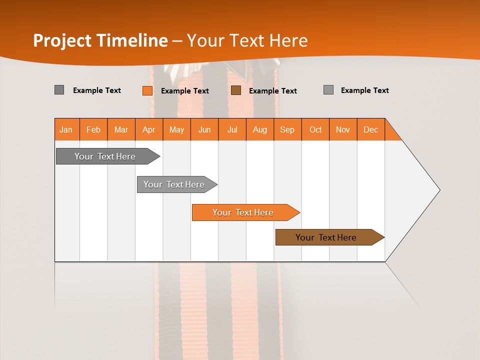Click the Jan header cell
click(x=66, y=129)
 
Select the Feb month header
click(x=93, y=129)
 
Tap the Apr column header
click(x=149, y=129)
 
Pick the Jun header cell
click(x=204, y=129)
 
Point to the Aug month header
click(x=260, y=129)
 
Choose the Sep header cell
click(x=287, y=129)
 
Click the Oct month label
click(x=315, y=129)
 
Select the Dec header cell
click(x=371, y=129)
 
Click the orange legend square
click(x=147, y=90)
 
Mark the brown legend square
click(x=236, y=90)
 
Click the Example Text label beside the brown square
click(x=273, y=91)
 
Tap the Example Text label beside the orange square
click(x=185, y=91)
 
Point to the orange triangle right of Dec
click(x=391, y=133)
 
